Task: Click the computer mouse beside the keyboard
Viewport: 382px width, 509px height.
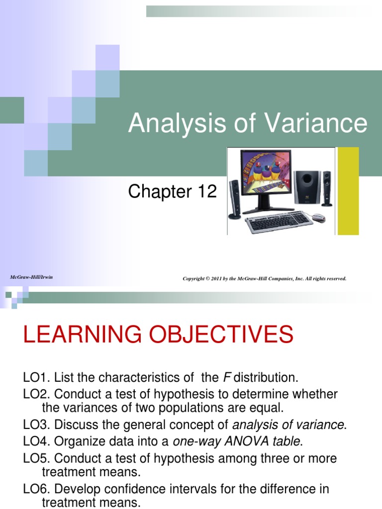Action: tap(317, 217)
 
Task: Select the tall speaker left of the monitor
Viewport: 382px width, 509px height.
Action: tap(234, 199)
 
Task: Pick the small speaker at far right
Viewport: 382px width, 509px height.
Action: tap(327, 188)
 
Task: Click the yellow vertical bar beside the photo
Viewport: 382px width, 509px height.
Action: tap(348, 191)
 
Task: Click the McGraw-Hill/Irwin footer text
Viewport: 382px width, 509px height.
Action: tap(31, 276)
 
